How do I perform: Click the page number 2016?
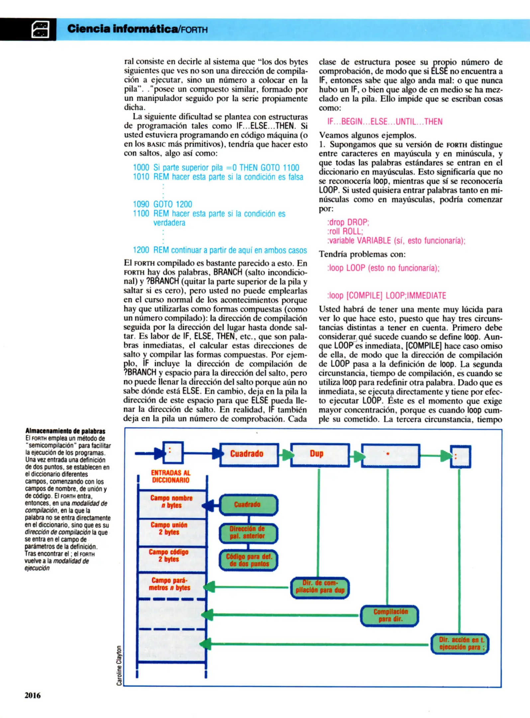(33, 695)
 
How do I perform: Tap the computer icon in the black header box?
(40, 29)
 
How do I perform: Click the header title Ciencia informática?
(123, 29)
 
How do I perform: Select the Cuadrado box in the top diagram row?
(249, 454)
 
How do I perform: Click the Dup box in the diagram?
(320, 454)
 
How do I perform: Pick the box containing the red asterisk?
(390, 455)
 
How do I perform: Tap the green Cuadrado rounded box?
(248, 505)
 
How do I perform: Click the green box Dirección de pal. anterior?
(248, 533)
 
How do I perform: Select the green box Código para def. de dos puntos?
(248, 560)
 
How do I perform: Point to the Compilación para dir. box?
(389, 615)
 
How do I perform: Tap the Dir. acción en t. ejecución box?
(460, 644)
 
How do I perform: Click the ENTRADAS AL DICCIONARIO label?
(170, 476)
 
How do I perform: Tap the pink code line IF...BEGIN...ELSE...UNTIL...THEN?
(384, 122)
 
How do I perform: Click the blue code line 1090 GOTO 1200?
(162, 204)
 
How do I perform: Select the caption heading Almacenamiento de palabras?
(65, 431)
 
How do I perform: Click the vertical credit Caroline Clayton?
(119, 665)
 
